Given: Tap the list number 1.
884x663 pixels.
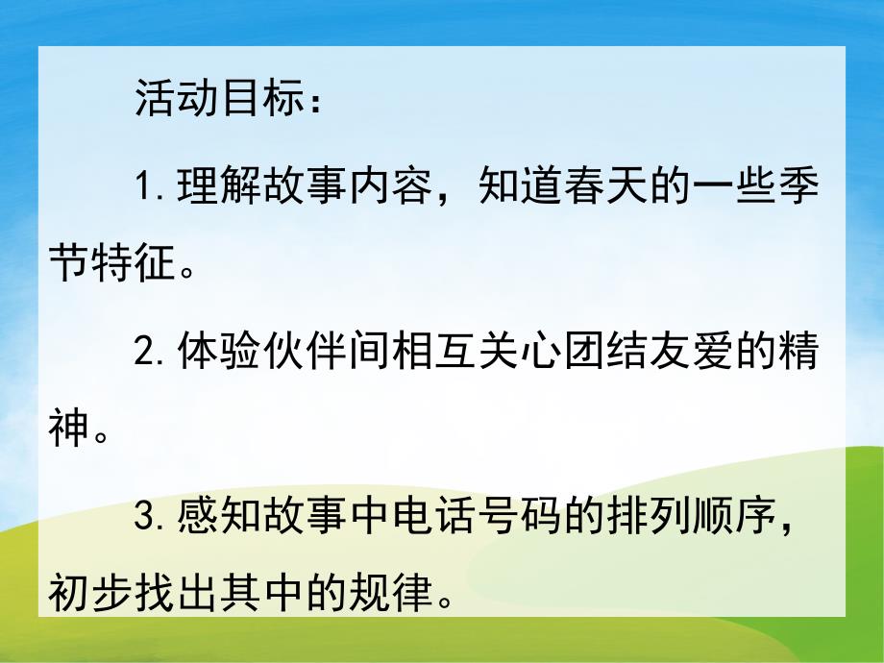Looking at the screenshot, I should coord(146,185).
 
